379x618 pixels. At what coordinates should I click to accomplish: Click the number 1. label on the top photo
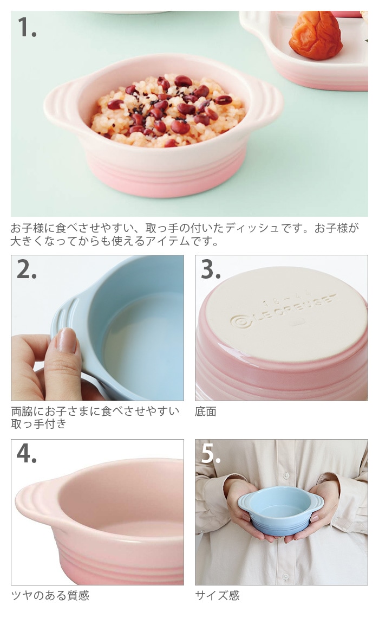[27, 28]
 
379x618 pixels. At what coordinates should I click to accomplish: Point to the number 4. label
[27, 454]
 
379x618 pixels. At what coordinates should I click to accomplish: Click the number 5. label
[211, 454]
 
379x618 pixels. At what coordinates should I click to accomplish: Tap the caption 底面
[205, 411]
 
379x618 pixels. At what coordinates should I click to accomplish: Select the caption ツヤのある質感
[50, 595]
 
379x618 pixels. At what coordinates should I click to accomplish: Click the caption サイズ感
[217, 595]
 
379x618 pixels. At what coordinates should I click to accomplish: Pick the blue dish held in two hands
[280, 511]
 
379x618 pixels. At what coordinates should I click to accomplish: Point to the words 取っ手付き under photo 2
[38, 424]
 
